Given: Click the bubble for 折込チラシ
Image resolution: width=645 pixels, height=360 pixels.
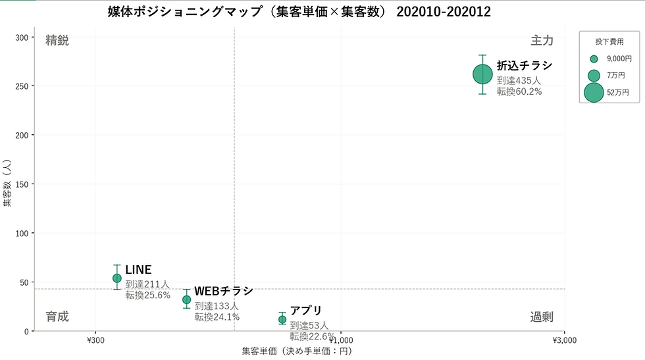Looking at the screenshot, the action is tap(482, 74).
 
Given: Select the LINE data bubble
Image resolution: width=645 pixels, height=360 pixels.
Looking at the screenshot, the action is tap(117, 278).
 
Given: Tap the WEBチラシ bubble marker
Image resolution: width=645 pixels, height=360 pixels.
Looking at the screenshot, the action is tap(186, 299).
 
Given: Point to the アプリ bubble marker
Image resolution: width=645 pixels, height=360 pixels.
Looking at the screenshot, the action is tap(282, 319).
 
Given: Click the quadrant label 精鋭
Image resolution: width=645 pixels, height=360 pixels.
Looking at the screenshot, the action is tap(57, 40).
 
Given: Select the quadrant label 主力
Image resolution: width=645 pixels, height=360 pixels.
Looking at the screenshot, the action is tap(542, 40).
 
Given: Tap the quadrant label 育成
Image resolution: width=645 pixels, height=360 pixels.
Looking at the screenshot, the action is tap(57, 317).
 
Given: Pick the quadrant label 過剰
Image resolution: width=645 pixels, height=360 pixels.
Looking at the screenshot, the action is tap(542, 317).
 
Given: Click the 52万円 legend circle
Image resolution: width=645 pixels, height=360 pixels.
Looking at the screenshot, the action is tap(594, 93).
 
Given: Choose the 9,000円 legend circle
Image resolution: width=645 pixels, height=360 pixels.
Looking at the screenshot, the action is tap(594, 59).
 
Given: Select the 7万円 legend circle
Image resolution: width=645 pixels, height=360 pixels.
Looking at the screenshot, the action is tap(594, 76).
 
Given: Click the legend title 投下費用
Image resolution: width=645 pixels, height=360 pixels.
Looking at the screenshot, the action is tap(609, 41).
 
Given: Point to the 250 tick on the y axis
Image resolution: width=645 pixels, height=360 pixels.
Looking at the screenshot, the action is tap(22, 86).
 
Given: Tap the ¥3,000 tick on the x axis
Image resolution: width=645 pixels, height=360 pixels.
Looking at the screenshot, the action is tap(565, 340).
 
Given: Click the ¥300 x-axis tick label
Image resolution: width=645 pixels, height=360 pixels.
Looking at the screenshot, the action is tap(95, 340).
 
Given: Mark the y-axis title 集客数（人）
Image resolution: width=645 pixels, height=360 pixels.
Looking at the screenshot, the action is tap(7, 183).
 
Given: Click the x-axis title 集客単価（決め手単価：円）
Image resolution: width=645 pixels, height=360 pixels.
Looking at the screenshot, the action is tap(297, 351).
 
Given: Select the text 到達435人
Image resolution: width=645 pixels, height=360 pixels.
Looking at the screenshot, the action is tap(519, 81).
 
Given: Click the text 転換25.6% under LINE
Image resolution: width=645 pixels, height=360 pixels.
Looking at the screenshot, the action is tap(147, 296).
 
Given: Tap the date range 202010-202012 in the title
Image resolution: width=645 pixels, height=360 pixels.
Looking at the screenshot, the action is tap(444, 12).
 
